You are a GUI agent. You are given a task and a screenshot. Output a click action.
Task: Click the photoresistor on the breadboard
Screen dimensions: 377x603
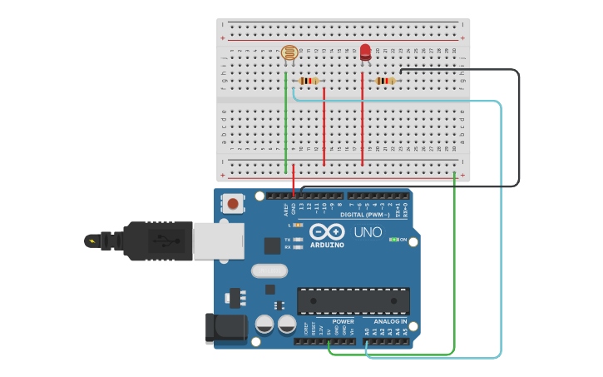289,54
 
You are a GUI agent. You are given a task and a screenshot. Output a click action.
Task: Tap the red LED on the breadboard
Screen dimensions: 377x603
365,52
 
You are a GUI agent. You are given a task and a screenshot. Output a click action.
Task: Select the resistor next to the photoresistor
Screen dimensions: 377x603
309,81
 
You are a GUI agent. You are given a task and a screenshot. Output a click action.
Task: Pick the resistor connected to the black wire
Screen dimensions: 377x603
384,81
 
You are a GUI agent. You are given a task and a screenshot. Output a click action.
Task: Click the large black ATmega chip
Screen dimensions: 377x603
353,300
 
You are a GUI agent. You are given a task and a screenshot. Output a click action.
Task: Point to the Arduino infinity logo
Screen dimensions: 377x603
327,232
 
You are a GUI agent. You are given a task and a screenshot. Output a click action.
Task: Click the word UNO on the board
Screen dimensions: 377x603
368,232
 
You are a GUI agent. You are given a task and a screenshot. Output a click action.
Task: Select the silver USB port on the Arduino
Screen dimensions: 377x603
219,241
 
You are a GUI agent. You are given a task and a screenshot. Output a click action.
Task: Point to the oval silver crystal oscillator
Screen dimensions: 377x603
268,270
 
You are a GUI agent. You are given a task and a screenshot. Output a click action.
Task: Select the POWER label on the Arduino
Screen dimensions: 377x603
343,321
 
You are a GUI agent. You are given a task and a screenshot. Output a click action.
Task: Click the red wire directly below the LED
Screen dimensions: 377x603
363,125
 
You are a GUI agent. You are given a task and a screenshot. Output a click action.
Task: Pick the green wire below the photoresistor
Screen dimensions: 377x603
285,125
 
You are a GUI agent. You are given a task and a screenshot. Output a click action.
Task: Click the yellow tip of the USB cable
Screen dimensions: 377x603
91,241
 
